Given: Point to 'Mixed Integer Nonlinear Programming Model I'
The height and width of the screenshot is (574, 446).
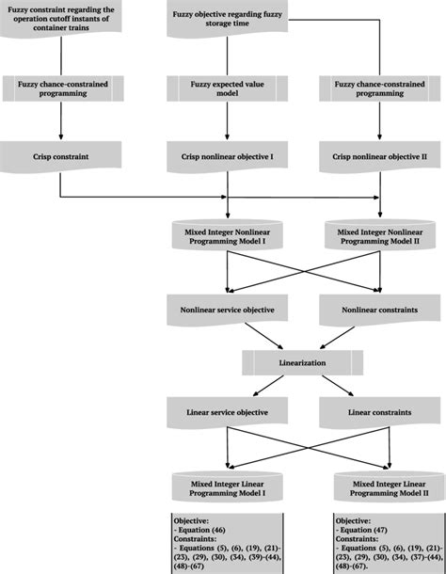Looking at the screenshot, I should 226,232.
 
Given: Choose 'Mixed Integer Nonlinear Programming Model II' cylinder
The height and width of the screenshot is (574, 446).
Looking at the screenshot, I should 379,232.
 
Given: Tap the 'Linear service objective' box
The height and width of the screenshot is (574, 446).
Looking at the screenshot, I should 226,411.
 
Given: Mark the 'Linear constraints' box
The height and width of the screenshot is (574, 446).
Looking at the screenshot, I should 379,411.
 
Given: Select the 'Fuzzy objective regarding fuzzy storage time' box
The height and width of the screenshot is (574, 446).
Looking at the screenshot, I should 226,18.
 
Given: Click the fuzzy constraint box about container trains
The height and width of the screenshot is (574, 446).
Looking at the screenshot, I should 62,18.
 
